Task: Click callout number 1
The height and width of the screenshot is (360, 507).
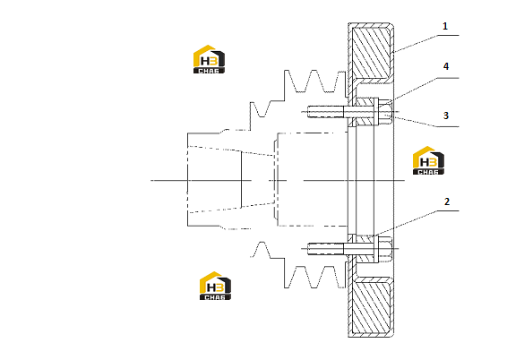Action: tap(445, 26)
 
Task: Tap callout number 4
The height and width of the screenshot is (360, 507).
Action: tap(446, 66)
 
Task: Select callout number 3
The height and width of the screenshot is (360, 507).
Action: tap(446, 116)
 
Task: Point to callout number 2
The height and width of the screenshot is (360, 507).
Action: tap(447, 201)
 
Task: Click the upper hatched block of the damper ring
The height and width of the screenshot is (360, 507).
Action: tap(370, 53)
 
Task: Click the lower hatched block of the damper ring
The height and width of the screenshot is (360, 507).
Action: tap(370, 306)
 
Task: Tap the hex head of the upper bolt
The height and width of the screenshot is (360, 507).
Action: tap(385, 112)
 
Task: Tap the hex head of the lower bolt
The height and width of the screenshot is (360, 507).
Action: tap(385, 249)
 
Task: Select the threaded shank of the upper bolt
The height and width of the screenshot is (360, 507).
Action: tap(325, 112)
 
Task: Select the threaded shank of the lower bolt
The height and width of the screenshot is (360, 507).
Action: tap(325, 249)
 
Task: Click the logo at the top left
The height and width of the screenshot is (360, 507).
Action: tap(209, 59)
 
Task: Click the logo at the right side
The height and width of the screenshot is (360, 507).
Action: tap(428, 160)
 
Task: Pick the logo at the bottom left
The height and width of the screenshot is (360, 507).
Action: tap(215, 286)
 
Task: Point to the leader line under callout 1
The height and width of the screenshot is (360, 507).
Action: tap(425, 43)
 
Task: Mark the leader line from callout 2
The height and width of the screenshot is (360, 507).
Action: tap(416, 223)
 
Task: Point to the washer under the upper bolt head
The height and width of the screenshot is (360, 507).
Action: tap(376, 112)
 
